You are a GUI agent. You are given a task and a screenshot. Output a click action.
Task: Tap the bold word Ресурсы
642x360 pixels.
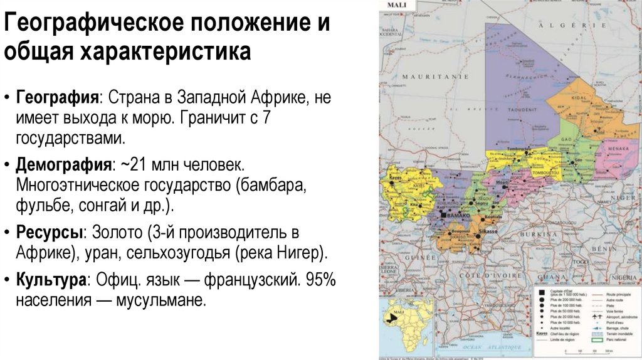(51, 232)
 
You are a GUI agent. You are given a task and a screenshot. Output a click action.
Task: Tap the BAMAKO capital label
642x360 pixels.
(460, 215)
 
